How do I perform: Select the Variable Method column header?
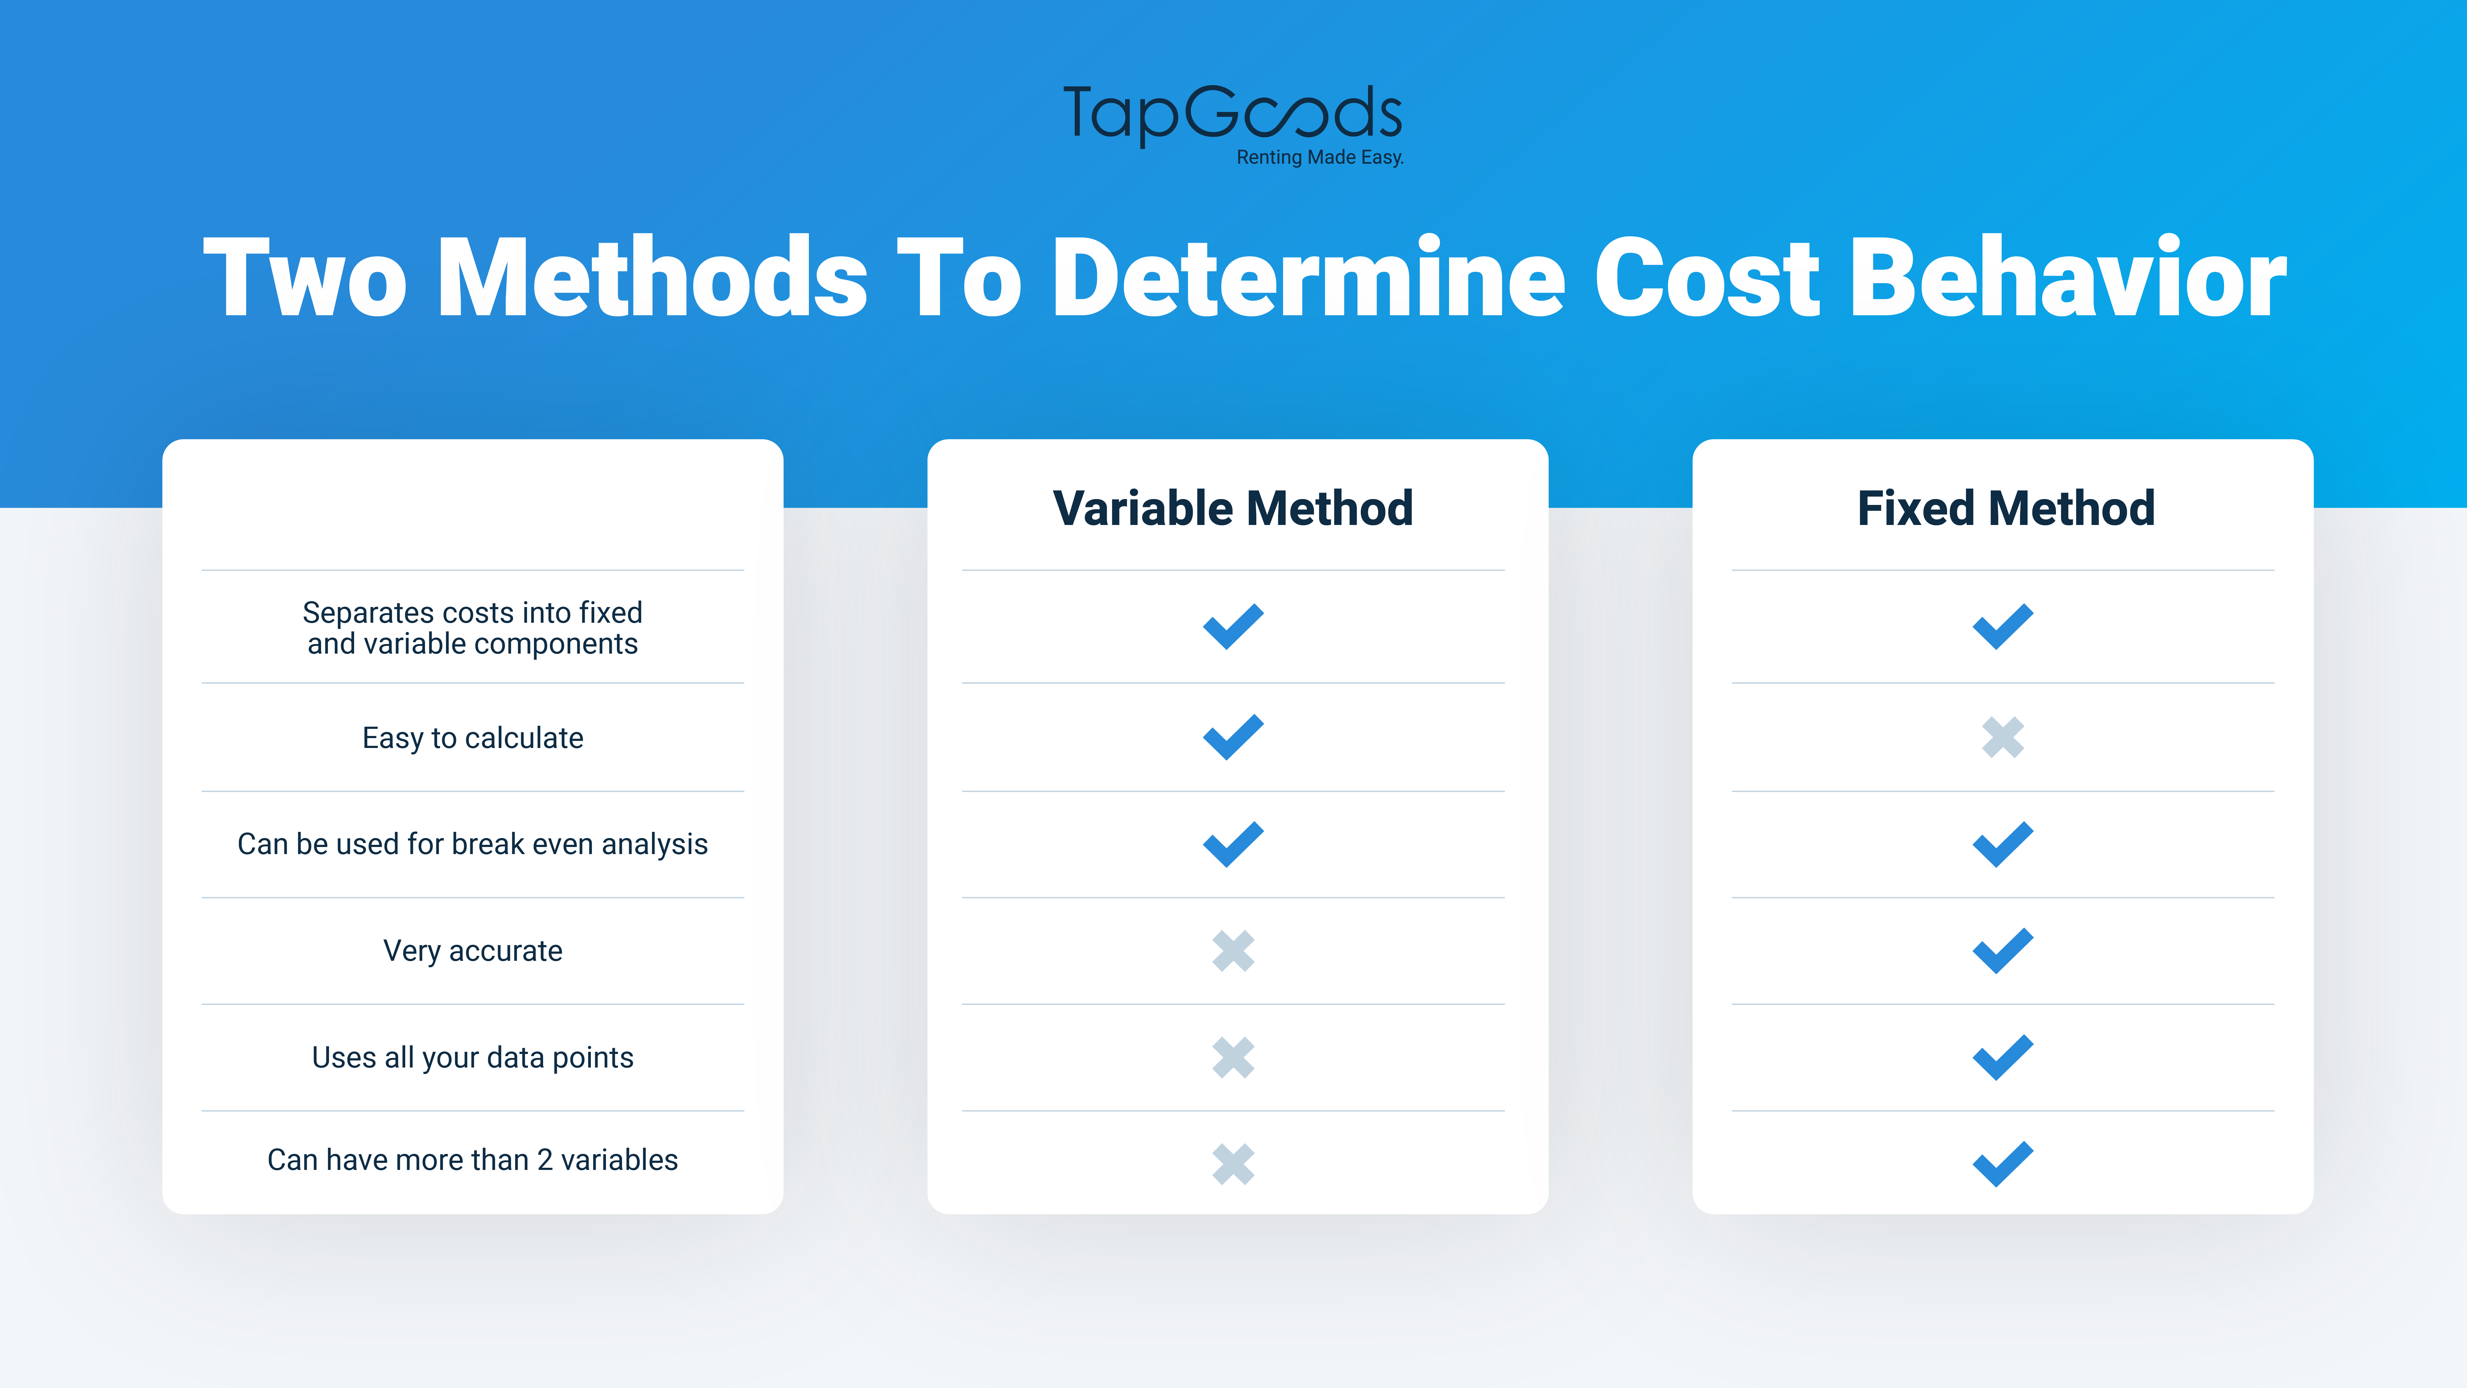[1233, 508]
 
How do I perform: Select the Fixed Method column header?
[2005, 508]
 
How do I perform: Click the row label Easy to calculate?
[472, 737]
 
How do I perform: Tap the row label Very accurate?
[472, 950]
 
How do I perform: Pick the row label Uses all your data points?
[472, 1058]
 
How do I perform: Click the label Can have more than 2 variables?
[472, 1160]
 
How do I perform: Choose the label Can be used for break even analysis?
[472, 844]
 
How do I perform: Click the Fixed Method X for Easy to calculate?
[2003, 737]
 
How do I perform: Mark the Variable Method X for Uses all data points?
[1233, 1058]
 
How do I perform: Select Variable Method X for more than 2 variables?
[1233, 1164]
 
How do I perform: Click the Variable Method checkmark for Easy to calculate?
[1233, 737]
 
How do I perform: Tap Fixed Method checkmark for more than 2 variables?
[2003, 1164]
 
